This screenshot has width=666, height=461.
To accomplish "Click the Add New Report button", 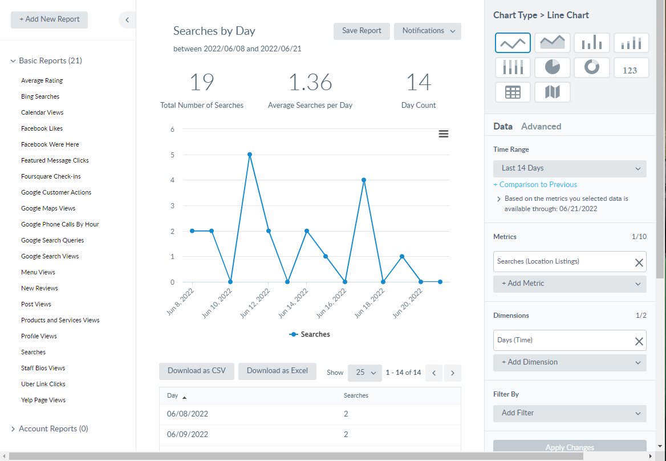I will pyautogui.click(x=50, y=19).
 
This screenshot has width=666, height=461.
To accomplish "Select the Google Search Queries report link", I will pyautogui.click(x=52, y=240).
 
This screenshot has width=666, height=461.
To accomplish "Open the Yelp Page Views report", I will pyautogui.click(x=43, y=400).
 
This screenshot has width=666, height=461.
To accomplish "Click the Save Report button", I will pyautogui.click(x=362, y=31).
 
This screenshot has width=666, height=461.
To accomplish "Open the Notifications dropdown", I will pyautogui.click(x=428, y=31).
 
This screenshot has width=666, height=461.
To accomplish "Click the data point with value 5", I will pyautogui.click(x=250, y=155).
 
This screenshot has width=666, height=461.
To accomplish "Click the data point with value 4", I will pyautogui.click(x=364, y=180).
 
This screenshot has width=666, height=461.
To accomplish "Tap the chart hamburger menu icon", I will pyautogui.click(x=444, y=134).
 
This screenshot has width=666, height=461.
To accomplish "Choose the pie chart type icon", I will pyautogui.click(x=553, y=67).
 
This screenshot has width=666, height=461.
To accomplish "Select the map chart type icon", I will pyautogui.click(x=553, y=92).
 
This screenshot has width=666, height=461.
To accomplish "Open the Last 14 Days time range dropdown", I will pyautogui.click(x=570, y=168).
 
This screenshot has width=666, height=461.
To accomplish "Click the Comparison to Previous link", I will pyautogui.click(x=538, y=184).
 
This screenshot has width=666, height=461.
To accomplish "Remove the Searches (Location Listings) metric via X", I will pyautogui.click(x=639, y=262).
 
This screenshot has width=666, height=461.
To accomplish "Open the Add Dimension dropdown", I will pyautogui.click(x=570, y=362).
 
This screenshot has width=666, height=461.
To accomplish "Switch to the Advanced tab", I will pyautogui.click(x=541, y=127).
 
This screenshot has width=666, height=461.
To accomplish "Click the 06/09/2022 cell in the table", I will pyautogui.click(x=188, y=434).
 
